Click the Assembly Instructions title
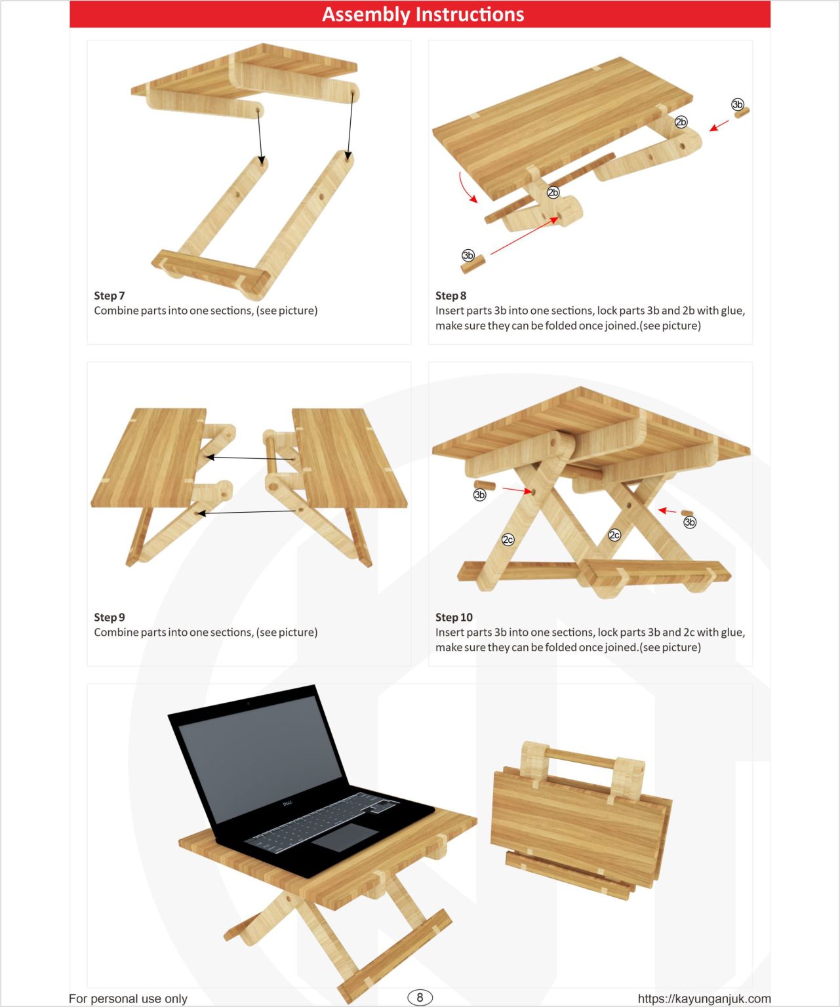(423, 14)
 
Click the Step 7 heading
(109, 296)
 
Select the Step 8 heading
(450, 296)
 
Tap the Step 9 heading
(109, 618)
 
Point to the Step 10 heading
(454, 618)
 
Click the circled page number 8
(420, 997)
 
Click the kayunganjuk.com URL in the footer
(704, 998)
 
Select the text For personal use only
(128, 998)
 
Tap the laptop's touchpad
(345, 837)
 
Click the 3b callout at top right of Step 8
(738, 105)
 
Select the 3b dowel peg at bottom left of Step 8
(472, 264)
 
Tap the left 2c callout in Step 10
(508, 540)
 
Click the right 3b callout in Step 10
(690, 523)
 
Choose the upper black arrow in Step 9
(249, 458)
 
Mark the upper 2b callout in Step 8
(681, 122)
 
